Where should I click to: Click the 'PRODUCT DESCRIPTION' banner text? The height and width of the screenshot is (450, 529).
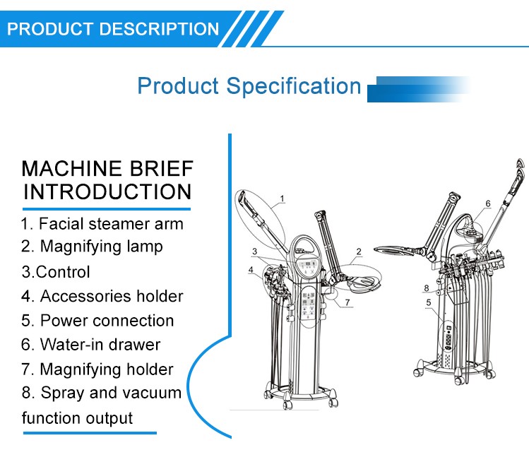click(x=113, y=29)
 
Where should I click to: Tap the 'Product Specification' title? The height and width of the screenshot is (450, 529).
click(x=249, y=86)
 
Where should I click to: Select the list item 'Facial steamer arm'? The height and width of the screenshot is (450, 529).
click(x=102, y=224)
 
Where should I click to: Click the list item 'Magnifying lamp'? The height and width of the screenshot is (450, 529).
click(x=92, y=247)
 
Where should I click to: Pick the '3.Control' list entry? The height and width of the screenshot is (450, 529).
click(x=56, y=272)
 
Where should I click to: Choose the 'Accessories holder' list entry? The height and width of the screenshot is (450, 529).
click(x=102, y=296)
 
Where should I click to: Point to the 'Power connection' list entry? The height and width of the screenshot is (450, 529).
click(x=97, y=321)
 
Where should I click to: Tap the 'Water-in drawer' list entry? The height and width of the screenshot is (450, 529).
click(x=90, y=345)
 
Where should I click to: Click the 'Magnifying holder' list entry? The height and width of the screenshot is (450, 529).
click(x=97, y=369)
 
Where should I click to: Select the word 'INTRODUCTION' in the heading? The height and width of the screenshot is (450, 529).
click(x=107, y=191)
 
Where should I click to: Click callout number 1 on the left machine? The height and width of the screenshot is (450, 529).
click(x=283, y=199)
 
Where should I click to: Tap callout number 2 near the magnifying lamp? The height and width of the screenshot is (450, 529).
click(x=359, y=251)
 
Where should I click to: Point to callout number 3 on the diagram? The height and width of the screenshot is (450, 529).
click(x=255, y=251)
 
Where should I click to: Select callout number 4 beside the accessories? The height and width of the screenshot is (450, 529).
click(x=251, y=270)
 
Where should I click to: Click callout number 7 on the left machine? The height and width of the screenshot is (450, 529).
click(x=347, y=302)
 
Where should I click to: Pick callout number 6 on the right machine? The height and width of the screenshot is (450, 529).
click(x=488, y=203)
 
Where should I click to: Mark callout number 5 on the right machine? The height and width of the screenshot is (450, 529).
click(x=429, y=302)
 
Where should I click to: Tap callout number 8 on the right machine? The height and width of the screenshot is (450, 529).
click(x=427, y=288)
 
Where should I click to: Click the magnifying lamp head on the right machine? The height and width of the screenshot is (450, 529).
click(x=393, y=251)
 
